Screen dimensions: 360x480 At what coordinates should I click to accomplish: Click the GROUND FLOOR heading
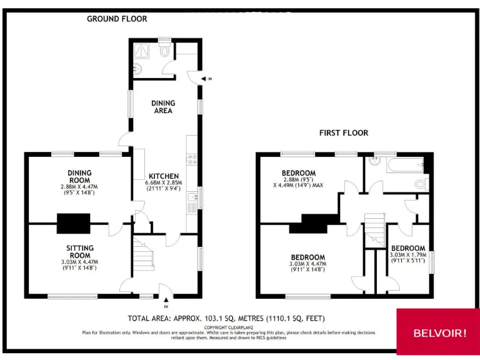[117, 19]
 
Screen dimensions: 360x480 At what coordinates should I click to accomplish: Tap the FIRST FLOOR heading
[344, 133]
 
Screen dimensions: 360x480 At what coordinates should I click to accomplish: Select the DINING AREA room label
[164, 107]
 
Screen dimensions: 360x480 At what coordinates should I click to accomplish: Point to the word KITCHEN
[164, 176]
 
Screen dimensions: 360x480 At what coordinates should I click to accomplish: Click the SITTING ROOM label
[80, 252]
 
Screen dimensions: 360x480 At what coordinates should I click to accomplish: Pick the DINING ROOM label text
[80, 176]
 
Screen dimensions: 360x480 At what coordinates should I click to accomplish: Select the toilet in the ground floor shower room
[164, 51]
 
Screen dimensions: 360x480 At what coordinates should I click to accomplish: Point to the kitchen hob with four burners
[192, 160]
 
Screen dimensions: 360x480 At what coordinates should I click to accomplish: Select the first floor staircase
[375, 228]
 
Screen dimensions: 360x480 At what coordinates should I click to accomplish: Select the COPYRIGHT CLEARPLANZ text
[228, 327]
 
